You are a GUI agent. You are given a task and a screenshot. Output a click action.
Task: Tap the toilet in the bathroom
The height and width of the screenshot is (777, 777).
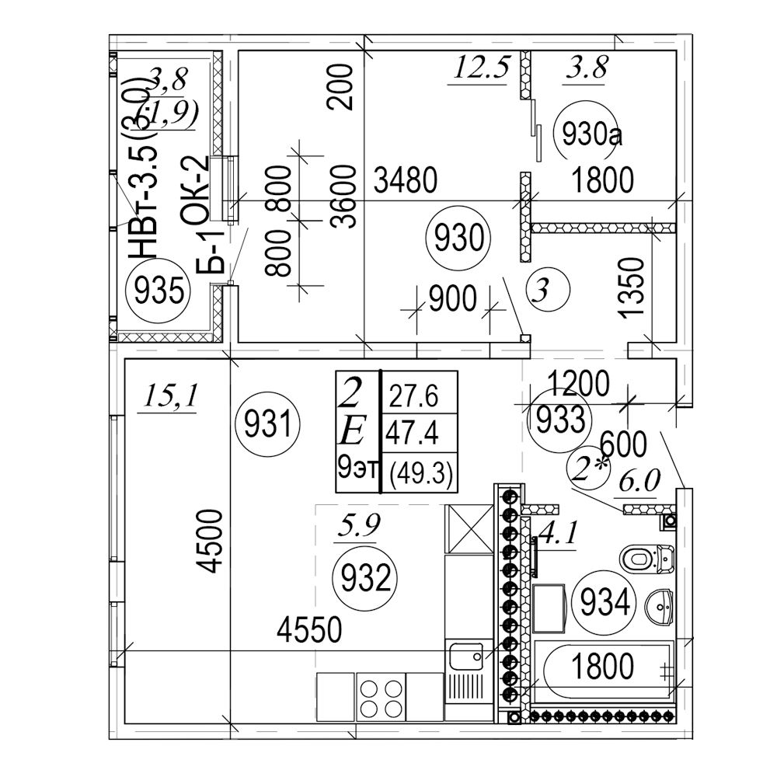point(644,558)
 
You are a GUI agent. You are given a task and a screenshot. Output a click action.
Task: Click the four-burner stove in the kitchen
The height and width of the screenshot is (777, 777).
point(381,697)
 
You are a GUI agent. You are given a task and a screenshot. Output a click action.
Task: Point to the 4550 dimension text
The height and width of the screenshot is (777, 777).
point(310,629)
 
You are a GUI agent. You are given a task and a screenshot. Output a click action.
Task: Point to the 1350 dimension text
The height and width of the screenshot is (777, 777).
point(634,287)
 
